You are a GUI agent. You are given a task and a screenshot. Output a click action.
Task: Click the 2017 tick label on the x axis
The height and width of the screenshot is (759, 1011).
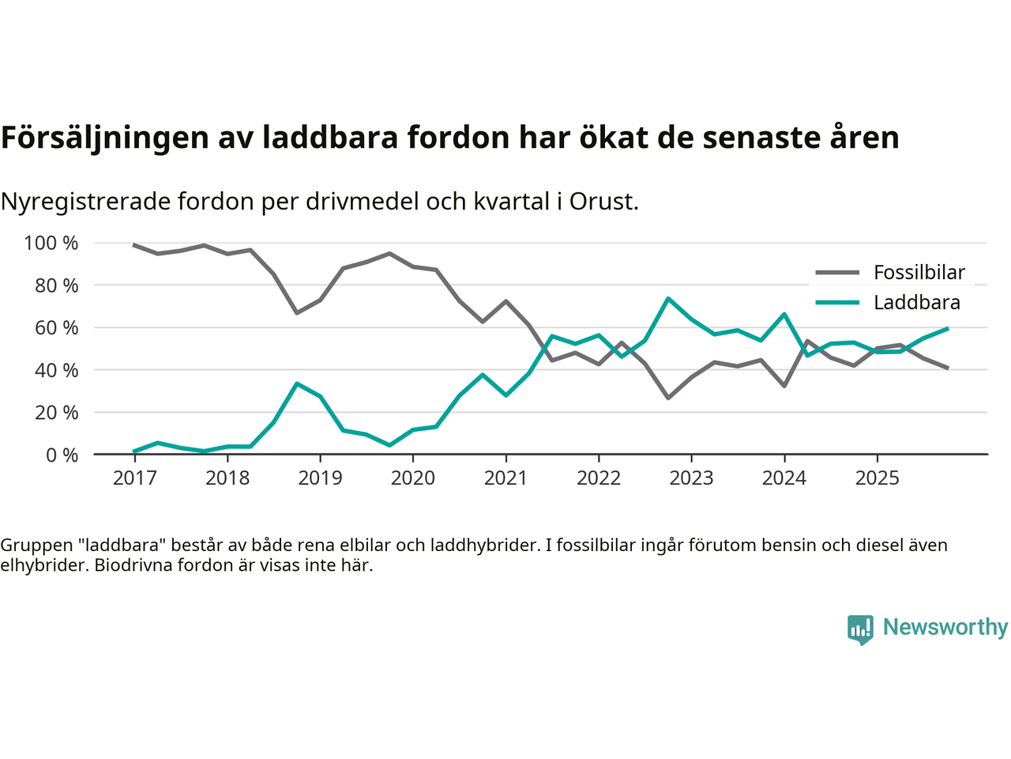point(134,478)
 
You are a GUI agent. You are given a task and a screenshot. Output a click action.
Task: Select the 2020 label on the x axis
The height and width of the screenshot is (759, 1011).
point(413,478)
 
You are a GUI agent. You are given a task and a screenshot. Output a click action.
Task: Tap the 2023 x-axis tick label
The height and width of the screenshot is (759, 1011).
point(691,478)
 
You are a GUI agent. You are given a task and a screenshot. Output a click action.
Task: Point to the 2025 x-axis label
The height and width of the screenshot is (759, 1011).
point(877,478)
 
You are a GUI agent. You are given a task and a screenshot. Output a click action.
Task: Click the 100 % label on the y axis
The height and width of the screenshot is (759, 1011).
point(51,243)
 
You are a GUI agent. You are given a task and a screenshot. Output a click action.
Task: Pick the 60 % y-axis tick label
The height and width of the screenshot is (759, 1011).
point(56,327)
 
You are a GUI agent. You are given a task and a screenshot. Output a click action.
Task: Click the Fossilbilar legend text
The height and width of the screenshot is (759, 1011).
point(919,273)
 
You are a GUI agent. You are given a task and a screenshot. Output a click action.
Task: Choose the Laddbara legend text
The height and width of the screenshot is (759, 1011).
point(917,303)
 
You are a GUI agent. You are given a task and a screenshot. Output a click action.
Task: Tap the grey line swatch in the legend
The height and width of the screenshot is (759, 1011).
point(836,273)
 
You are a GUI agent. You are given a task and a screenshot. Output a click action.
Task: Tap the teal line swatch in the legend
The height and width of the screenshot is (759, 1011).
point(836,303)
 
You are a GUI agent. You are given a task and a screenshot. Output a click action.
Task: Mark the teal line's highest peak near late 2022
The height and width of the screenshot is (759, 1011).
point(668,299)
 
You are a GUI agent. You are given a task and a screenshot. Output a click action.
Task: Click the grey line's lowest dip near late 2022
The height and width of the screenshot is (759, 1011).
point(668,398)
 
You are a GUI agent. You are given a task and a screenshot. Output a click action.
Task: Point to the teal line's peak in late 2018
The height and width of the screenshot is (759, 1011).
point(297,383)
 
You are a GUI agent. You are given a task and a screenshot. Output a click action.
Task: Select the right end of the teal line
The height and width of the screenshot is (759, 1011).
point(947,328)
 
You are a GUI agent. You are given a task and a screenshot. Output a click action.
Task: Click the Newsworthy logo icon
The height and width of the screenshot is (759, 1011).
point(860,629)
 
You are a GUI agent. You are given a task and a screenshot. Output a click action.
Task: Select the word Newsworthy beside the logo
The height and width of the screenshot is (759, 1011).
point(945,627)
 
